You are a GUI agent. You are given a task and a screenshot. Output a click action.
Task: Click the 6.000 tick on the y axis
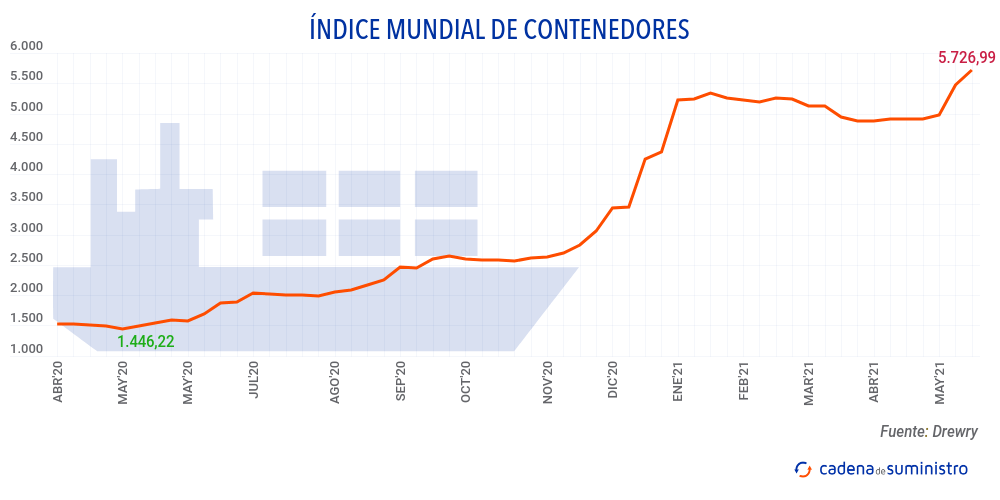point(26,46)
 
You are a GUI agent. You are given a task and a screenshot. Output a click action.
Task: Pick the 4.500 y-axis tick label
point(26,137)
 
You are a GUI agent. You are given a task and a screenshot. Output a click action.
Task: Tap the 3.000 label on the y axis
point(26,228)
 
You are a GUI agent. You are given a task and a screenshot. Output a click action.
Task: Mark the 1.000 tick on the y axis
point(26,349)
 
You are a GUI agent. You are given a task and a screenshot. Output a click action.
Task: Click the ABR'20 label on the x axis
point(57,382)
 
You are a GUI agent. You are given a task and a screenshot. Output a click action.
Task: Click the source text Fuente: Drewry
point(929,432)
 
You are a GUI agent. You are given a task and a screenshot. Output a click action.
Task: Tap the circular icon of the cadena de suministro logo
point(802,468)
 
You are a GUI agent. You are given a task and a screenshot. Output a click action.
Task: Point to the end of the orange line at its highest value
point(971,70)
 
